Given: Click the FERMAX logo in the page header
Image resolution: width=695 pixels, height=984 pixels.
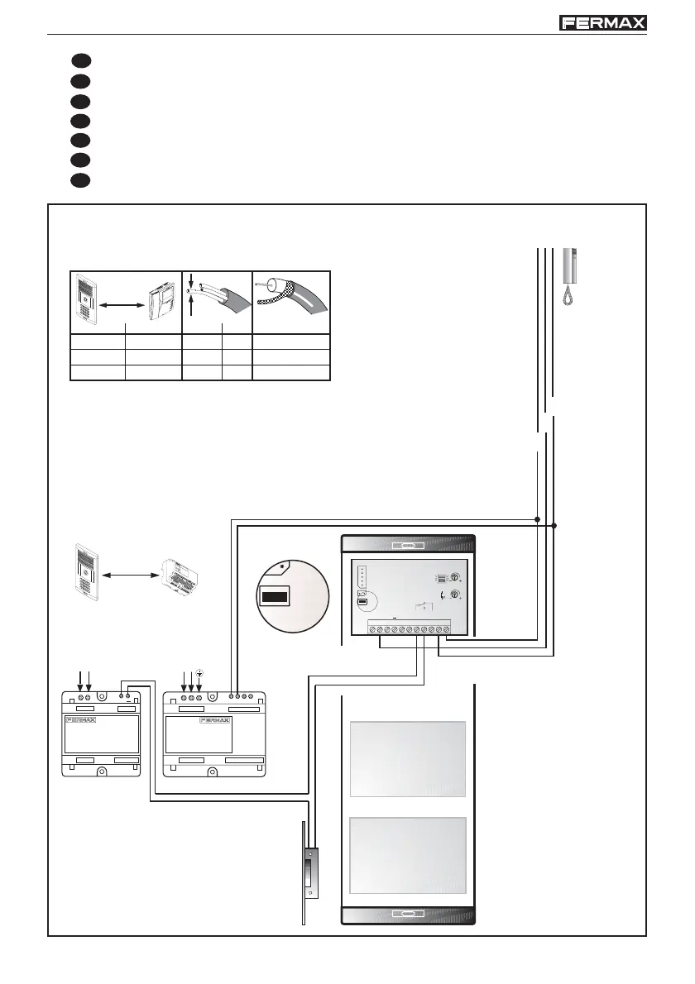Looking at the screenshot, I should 603,23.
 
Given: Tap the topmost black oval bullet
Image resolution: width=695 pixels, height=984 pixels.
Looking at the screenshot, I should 79,61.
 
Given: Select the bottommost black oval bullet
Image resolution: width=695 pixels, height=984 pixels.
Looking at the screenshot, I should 79,179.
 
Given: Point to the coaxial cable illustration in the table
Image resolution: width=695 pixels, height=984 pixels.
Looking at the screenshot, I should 290,302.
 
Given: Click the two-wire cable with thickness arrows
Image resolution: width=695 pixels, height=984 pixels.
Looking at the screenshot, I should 217,302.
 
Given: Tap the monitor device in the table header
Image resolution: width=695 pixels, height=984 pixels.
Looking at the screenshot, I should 161,303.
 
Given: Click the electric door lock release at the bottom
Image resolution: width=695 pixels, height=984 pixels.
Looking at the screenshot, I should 309,872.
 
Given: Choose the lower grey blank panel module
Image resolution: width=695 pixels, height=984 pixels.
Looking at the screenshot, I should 408,856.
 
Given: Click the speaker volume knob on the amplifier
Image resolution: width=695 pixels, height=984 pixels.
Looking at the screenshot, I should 454,579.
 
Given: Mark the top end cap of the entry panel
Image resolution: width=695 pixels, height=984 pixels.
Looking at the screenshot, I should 408,545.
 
